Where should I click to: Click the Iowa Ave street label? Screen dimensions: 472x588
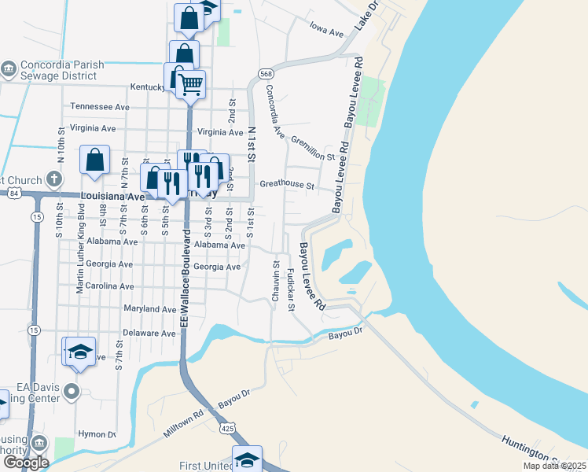coord(327,33)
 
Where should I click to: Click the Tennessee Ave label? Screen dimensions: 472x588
coord(100,106)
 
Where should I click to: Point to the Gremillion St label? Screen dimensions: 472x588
coord(313,148)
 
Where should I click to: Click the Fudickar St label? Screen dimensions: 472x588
coord(290,289)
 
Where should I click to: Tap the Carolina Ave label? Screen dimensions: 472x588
coord(110,286)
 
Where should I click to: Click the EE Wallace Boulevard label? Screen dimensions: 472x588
coord(186,279)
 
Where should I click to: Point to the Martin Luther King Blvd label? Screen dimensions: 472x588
coord(80,249)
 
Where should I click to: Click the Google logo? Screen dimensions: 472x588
coord(26,462)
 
